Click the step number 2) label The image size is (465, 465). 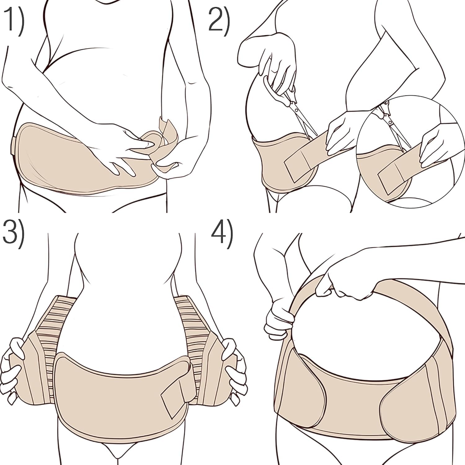[219, 19]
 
